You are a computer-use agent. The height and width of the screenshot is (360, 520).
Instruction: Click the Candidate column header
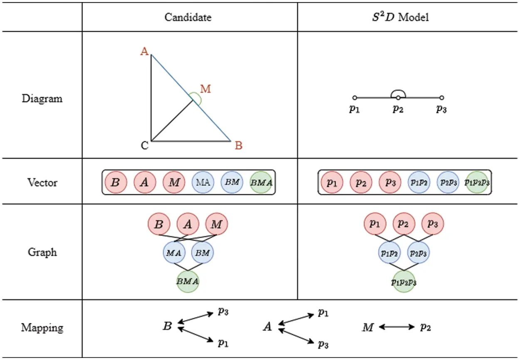pyautogui.click(x=188, y=17)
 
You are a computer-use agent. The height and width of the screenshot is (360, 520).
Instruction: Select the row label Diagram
pyautogui.click(x=42, y=99)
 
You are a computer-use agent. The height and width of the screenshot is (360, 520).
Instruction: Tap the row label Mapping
pyautogui.click(x=42, y=328)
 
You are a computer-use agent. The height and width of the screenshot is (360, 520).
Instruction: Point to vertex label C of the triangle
pyautogui.click(x=144, y=146)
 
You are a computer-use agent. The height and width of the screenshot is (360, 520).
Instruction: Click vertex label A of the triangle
pyautogui.click(x=144, y=51)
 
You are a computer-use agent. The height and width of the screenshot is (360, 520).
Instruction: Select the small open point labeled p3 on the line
pyautogui.click(x=442, y=98)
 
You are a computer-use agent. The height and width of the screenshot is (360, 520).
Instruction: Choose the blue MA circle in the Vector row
pyautogui.click(x=203, y=182)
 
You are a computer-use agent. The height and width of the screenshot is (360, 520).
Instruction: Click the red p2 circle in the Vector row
pyautogui.click(x=361, y=183)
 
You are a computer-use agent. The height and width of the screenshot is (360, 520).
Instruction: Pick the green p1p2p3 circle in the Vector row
pyautogui.click(x=477, y=183)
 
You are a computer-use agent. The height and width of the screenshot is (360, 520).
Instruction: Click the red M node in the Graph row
pyautogui.click(x=217, y=225)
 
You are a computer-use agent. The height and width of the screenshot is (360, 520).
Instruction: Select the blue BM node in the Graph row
pyautogui.click(x=203, y=252)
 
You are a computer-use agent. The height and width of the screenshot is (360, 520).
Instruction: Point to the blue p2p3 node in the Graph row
pyautogui.click(x=418, y=253)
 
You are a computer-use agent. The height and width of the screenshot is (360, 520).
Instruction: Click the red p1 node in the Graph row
pyautogui.click(x=375, y=224)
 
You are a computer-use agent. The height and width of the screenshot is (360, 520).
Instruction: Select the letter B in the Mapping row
pyautogui.click(x=167, y=327)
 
